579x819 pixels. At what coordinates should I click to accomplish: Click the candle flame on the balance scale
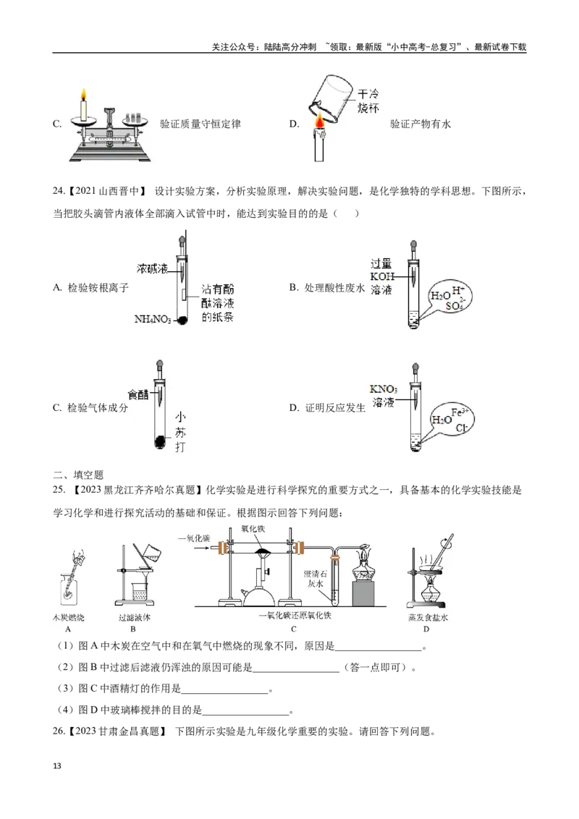(83, 95)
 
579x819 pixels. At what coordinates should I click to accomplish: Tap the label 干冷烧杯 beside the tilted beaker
(368, 101)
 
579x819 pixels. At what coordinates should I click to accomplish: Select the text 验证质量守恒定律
(200, 124)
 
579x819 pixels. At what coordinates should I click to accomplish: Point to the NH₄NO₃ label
(153, 319)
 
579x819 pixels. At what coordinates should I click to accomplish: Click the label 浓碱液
(152, 268)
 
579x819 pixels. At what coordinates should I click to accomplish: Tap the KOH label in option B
(382, 277)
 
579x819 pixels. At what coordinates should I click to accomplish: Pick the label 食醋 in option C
(138, 394)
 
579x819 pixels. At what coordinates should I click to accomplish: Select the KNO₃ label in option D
(383, 389)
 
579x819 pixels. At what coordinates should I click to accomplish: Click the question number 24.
(58, 191)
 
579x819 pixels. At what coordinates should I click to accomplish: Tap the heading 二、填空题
(78, 475)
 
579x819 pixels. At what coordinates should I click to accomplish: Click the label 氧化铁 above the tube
(253, 529)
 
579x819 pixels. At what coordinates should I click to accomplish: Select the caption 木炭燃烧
(69, 617)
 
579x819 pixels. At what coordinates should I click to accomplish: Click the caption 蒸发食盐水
(428, 617)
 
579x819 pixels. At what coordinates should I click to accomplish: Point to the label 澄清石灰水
(316, 579)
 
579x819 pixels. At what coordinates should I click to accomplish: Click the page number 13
(57, 765)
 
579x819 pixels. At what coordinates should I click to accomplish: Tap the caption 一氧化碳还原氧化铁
(295, 616)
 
